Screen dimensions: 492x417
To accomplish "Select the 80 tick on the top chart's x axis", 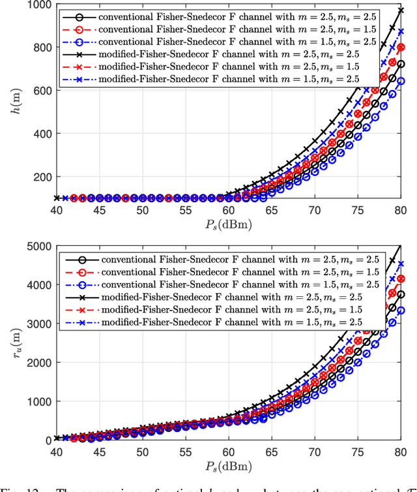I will [401, 211].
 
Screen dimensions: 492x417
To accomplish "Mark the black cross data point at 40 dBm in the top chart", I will [57, 198].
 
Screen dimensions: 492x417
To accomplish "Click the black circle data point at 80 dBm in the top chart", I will [401, 65].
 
